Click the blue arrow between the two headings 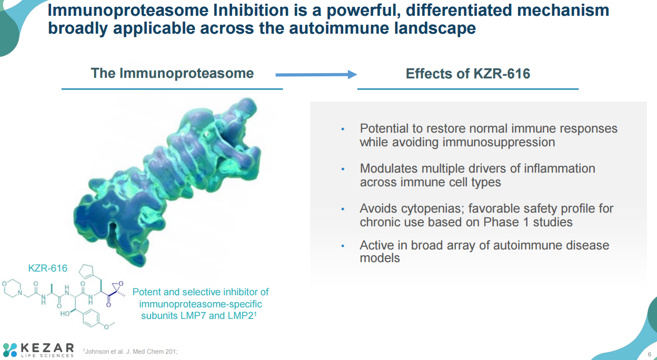pyautogui.click(x=316, y=75)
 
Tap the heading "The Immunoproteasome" pyautogui.click(x=172, y=73)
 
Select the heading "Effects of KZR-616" pyautogui.click(x=468, y=74)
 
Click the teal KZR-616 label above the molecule pyautogui.click(x=47, y=268)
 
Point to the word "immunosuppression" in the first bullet pyautogui.click(x=499, y=142)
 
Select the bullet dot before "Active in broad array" pyautogui.click(x=343, y=246)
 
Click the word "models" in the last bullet pyautogui.click(x=380, y=258)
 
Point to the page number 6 pyautogui.click(x=650, y=354)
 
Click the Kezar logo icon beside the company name pyautogui.click(x=10, y=350)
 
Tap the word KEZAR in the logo pyautogui.click(x=47, y=348)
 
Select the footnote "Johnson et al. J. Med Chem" pyautogui.click(x=131, y=351)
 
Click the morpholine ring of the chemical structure pyautogui.click(x=12, y=288)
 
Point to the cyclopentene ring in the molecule pyautogui.click(x=86, y=271)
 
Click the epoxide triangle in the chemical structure pyautogui.click(x=117, y=286)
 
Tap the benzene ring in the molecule pyautogui.click(x=91, y=318)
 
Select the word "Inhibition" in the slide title pyautogui.click(x=251, y=11)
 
